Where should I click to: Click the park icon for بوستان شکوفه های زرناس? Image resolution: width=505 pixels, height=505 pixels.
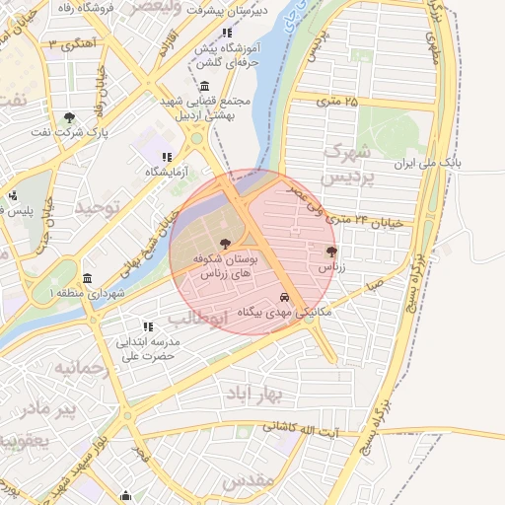[227, 243]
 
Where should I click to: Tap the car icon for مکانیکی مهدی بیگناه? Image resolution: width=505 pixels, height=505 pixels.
[284, 297]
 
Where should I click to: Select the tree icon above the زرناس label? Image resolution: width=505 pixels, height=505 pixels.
[329, 252]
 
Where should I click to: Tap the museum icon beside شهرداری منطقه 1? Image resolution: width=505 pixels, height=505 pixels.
[88, 278]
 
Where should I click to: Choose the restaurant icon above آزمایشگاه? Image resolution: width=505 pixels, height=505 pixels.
[166, 157]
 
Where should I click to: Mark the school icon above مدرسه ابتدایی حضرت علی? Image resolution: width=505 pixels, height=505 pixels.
[148, 326]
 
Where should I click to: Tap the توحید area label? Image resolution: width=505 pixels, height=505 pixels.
[97, 208]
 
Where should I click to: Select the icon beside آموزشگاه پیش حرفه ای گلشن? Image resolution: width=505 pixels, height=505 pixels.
[228, 34]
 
